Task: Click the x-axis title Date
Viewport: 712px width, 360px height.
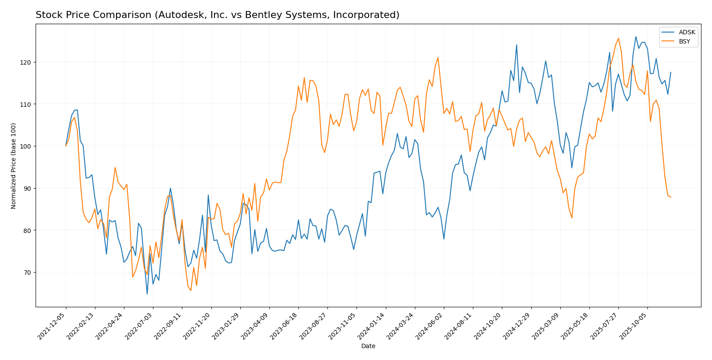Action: (368, 346)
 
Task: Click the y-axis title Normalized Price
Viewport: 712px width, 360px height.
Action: (14, 166)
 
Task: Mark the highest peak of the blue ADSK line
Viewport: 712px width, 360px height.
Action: (636, 36)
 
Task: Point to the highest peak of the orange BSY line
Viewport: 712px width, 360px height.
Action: (618, 38)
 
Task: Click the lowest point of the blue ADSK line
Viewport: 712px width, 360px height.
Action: (147, 294)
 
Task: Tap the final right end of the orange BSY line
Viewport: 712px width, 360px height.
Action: (671, 197)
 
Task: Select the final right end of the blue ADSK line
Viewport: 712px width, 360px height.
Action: (671, 73)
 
